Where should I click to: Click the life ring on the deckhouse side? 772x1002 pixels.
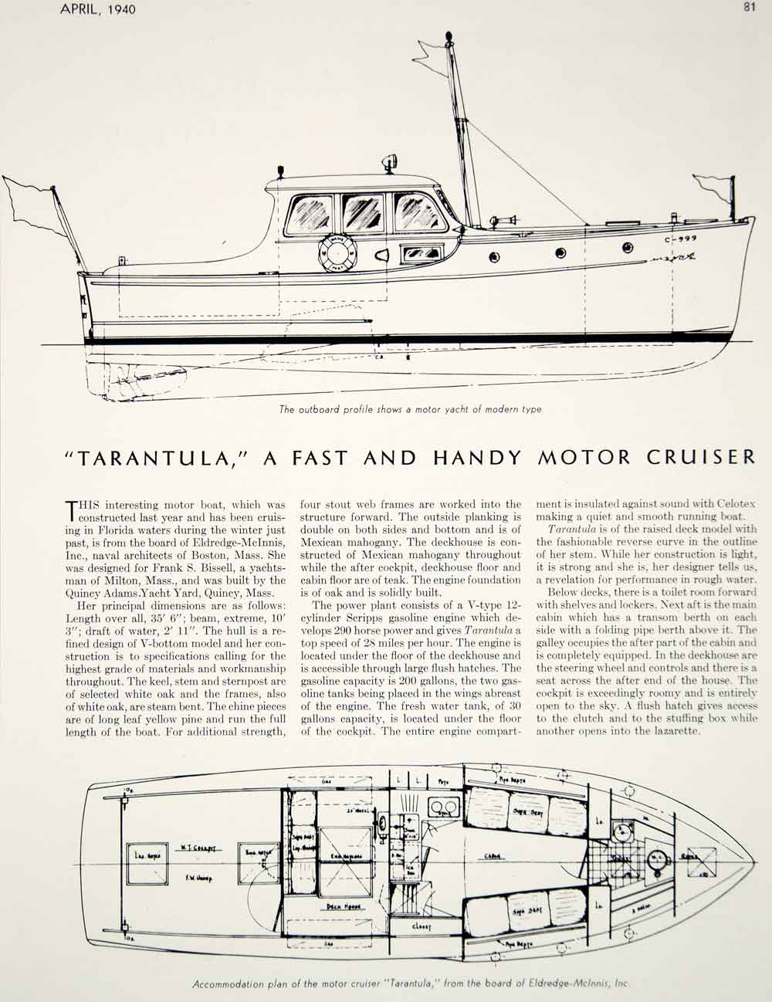tap(337, 252)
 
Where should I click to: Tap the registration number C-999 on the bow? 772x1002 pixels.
tap(675, 239)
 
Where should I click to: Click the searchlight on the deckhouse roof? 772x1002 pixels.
tap(386, 165)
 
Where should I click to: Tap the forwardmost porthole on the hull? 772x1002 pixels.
tap(627, 248)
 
